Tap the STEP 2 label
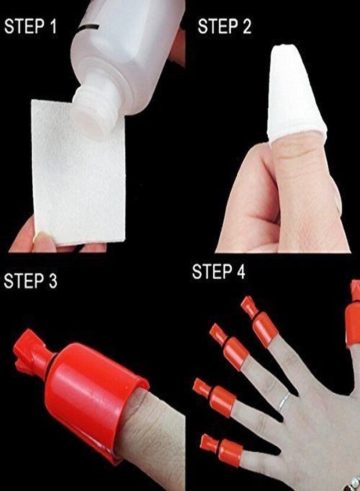(x=224, y=27)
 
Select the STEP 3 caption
(x=31, y=281)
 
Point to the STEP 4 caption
(x=218, y=272)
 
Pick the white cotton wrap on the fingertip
(x=295, y=95)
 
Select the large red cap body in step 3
(x=98, y=393)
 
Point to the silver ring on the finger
(x=284, y=402)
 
